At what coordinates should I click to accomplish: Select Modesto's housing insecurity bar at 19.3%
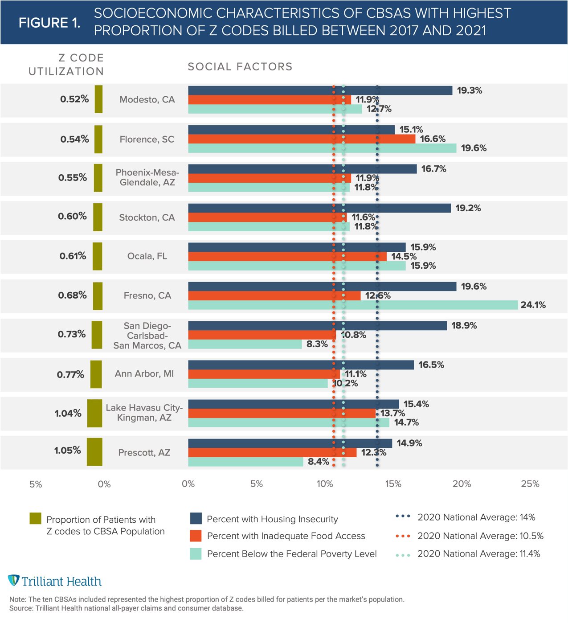(x=320, y=90)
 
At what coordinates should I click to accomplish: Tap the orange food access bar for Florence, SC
(x=302, y=139)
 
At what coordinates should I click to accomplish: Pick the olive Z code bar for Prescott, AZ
(x=94, y=452)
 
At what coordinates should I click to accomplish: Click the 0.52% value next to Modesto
(x=74, y=99)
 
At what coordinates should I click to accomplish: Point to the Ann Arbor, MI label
(x=144, y=374)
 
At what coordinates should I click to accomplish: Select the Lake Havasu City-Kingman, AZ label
(x=144, y=413)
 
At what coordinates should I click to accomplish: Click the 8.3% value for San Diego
(x=317, y=344)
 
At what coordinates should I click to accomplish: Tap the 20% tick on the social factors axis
(x=462, y=484)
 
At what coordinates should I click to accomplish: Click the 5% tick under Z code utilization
(x=36, y=484)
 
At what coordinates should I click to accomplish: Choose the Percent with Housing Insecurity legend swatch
(x=196, y=519)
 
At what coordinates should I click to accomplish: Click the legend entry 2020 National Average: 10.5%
(x=480, y=536)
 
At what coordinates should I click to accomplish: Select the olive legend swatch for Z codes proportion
(x=35, y=519)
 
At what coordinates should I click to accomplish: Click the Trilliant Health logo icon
(x=13, y=580)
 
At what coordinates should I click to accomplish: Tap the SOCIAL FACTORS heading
(x=240, y=67)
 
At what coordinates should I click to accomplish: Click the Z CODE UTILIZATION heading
(x=66, y=65)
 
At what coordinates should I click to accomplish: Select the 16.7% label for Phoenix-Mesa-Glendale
(x=433, y=169)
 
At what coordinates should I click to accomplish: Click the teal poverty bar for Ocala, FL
(x=297, y=266)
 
